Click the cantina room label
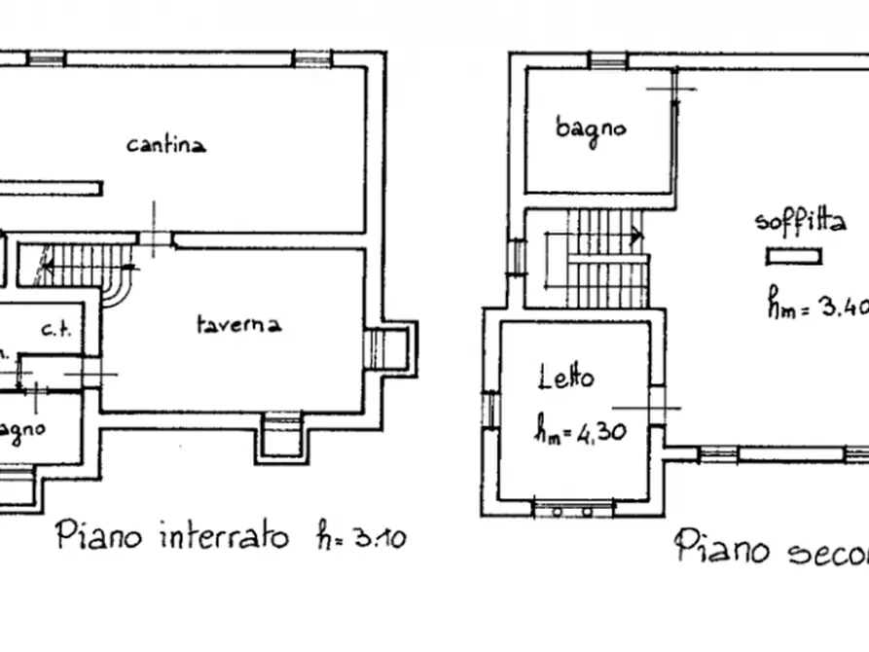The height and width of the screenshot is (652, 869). point(166,145)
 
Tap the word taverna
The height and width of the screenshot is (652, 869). point(238,324)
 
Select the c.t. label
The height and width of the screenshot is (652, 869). point(57,329)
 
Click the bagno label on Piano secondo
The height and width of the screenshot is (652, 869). point(591,127)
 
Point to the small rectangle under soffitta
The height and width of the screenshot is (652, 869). point(794,257)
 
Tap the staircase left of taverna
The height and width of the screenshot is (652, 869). point(88,266)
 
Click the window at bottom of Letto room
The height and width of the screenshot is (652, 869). point(572,508)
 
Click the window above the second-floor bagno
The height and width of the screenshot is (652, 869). point(608,61)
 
